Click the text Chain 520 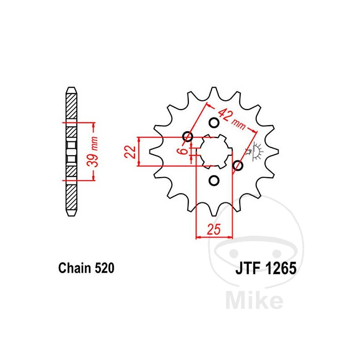point(86,269)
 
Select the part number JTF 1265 point(265,269)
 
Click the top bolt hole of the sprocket point(214,122)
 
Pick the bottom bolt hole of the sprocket point(214,181)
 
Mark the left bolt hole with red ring point(188,136)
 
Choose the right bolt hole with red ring point(238,166)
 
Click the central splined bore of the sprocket point(214,152)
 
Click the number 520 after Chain point(105,269)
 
